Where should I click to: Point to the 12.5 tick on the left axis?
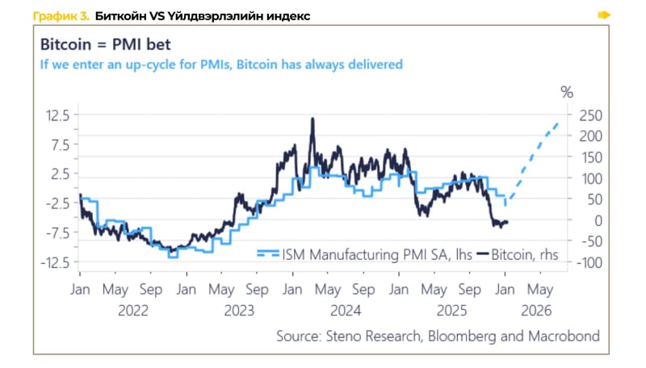click(57, 115)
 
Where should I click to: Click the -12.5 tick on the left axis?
click(54, 261)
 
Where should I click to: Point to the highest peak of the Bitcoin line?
click(312, 119)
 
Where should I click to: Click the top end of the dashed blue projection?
click(558, 123)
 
